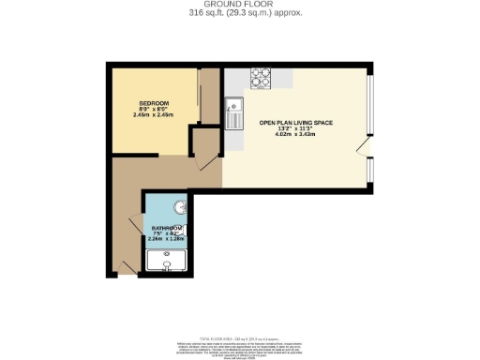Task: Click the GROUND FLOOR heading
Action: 240,5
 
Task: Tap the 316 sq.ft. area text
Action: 240,14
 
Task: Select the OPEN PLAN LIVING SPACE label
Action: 295,123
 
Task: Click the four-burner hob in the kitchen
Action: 260,79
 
